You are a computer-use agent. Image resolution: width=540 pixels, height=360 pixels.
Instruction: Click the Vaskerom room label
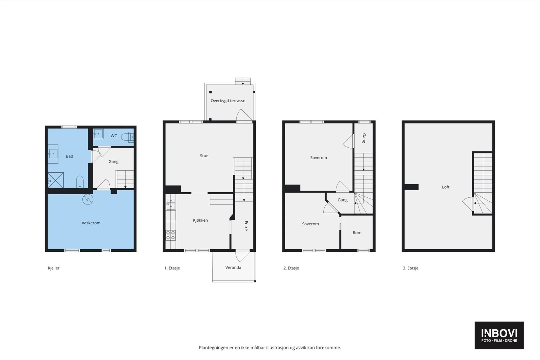click(91, 223)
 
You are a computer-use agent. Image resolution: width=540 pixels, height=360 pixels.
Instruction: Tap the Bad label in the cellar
click(70, 156)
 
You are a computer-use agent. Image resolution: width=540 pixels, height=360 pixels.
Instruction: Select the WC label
click(114, 136)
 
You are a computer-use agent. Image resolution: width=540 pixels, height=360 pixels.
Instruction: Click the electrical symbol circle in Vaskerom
click(87, 199)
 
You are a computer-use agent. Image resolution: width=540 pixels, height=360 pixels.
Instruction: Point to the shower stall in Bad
click(56, 180)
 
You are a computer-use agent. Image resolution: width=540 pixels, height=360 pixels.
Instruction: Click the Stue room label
click(204, 156)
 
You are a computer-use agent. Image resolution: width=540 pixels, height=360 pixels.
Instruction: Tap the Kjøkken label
click(200, 220)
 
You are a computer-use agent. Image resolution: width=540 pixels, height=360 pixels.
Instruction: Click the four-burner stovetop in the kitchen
click(170, 236)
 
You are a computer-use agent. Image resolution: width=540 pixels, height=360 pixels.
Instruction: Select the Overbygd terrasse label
click(228, 101)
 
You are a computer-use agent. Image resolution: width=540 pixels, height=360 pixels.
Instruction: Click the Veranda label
click(233, 267)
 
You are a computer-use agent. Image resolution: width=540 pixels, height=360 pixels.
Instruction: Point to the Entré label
click(246, 226)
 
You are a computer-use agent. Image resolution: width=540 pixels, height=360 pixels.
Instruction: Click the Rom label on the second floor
click(357, 232)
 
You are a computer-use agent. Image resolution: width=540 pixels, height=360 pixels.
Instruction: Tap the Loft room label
click(446, 187)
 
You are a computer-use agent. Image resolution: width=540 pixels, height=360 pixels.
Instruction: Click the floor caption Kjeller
click(54, 268)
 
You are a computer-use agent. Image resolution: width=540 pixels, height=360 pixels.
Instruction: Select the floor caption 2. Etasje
click(291, 268)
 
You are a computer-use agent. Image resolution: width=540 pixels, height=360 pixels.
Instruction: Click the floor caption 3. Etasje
click(410, 268)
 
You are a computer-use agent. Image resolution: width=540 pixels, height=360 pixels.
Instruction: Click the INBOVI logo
click(499, 335)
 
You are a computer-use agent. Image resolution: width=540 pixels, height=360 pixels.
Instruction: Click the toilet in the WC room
click(127, 137)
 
